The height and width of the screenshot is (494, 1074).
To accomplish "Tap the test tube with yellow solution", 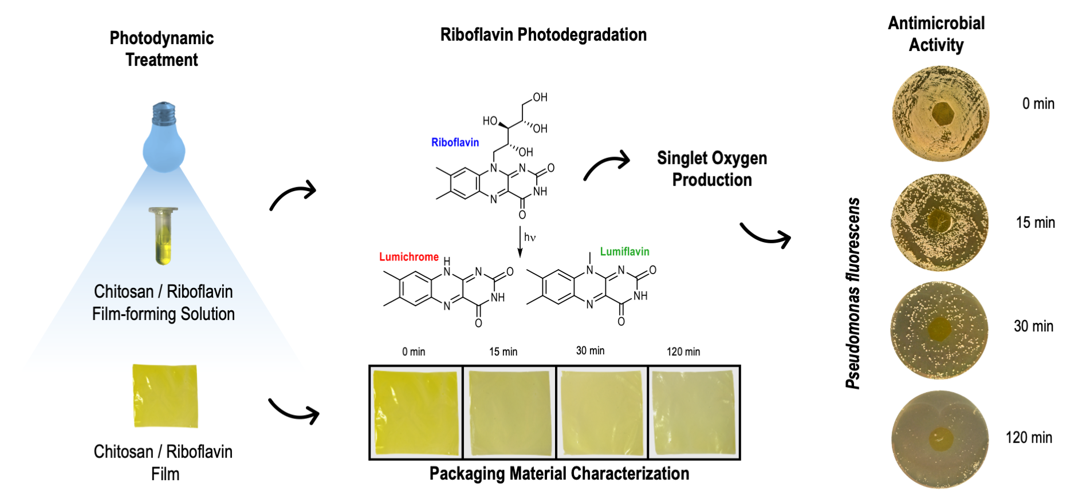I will (x=163, y=235).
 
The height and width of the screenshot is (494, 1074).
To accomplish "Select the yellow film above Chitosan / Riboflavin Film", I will (x=165, y=396).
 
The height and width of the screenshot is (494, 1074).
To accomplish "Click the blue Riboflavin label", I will (x=455, y=143).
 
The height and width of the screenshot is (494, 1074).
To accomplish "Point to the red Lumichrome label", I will (x=408, y=257).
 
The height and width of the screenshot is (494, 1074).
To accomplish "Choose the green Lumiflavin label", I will (x=624, y=251).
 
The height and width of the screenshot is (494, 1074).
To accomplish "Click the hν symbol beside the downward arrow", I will (x=530, y=237).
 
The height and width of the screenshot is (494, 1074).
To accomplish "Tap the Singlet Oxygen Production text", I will (x=711, y=169).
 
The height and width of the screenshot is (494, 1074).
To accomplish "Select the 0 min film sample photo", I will (x=416, y=412).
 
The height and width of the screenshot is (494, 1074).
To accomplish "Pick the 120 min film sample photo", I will (x=694, y=412).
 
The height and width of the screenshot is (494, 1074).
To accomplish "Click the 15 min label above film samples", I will (x=503, y=351).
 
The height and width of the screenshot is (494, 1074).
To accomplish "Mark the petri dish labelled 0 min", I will (x=941, y=113).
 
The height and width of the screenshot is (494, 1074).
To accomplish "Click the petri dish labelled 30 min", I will (x=939, y=330).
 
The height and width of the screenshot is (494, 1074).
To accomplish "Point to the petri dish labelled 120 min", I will (x=940, y=439).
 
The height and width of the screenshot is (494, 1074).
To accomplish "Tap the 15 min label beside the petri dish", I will (x=1035, y=222).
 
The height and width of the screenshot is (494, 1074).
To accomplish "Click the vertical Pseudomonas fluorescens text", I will (x=853, y=293).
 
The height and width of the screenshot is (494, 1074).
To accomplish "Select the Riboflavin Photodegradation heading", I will (x=543, y=35).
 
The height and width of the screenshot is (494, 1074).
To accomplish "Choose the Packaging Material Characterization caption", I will (x=559, y=473).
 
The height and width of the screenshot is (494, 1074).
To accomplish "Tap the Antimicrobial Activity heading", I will (x=936, y=34).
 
